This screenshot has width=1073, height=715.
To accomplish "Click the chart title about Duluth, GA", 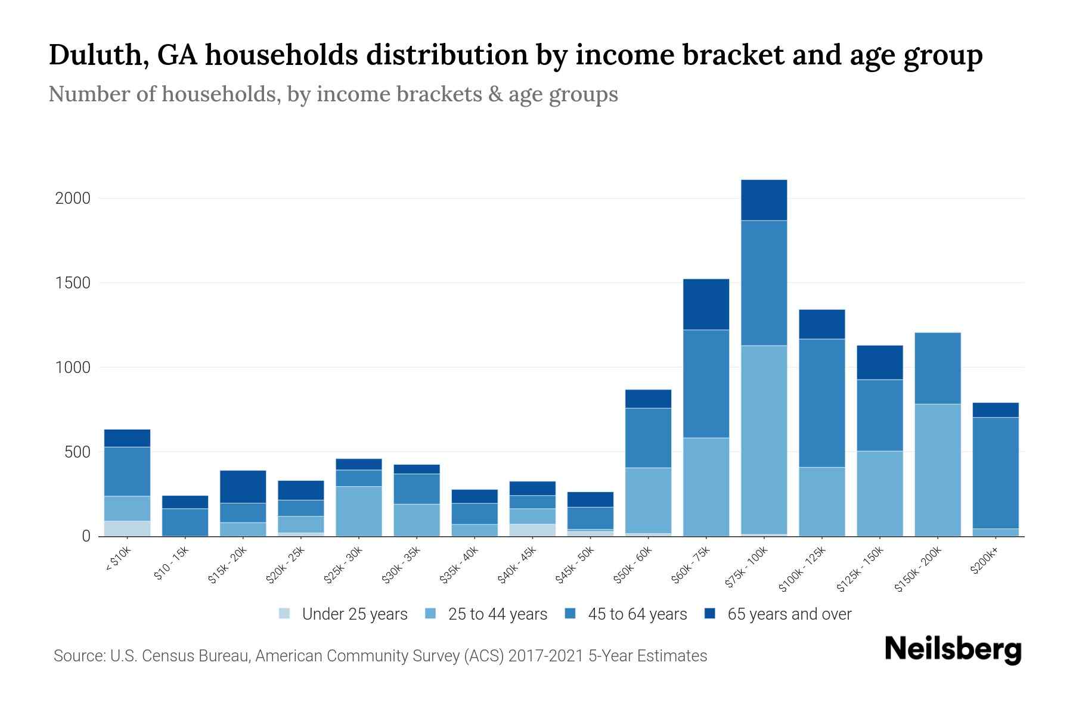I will pos(515,55).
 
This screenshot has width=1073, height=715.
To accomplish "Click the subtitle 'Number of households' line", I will pos(333,94).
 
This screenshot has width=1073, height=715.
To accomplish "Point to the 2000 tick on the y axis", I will pos(73,198).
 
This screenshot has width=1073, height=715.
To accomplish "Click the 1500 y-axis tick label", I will pos(73,283).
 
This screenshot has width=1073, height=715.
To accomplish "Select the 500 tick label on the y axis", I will pos(77,452).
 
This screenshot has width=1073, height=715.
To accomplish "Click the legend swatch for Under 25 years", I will pos(284,614).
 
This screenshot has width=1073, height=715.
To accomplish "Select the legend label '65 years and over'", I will pos(789,614).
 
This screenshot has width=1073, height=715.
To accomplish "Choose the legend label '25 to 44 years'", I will pos(498,614).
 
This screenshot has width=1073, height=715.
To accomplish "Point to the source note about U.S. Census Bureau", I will pos(380,656).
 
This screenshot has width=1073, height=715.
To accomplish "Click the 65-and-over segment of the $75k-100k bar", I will pos(764,200).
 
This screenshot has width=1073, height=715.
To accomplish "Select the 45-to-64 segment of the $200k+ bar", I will pos(996,473).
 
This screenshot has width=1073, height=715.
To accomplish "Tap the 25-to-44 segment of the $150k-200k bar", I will pos(938,470).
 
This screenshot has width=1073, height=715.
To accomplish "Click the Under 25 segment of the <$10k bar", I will pos(127,529).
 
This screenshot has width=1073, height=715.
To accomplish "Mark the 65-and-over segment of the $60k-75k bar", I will pos(706,304).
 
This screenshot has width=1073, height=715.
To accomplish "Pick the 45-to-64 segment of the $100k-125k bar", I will pos(822,403).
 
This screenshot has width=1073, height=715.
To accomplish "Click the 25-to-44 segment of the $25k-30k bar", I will pos(359,511).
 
